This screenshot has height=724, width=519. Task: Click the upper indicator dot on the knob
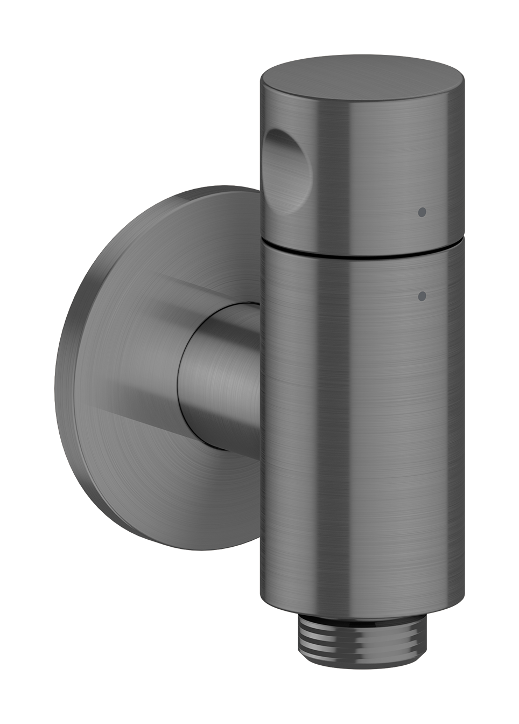422,212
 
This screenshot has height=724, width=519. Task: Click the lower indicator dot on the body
422,295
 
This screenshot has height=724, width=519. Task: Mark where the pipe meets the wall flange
183,377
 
